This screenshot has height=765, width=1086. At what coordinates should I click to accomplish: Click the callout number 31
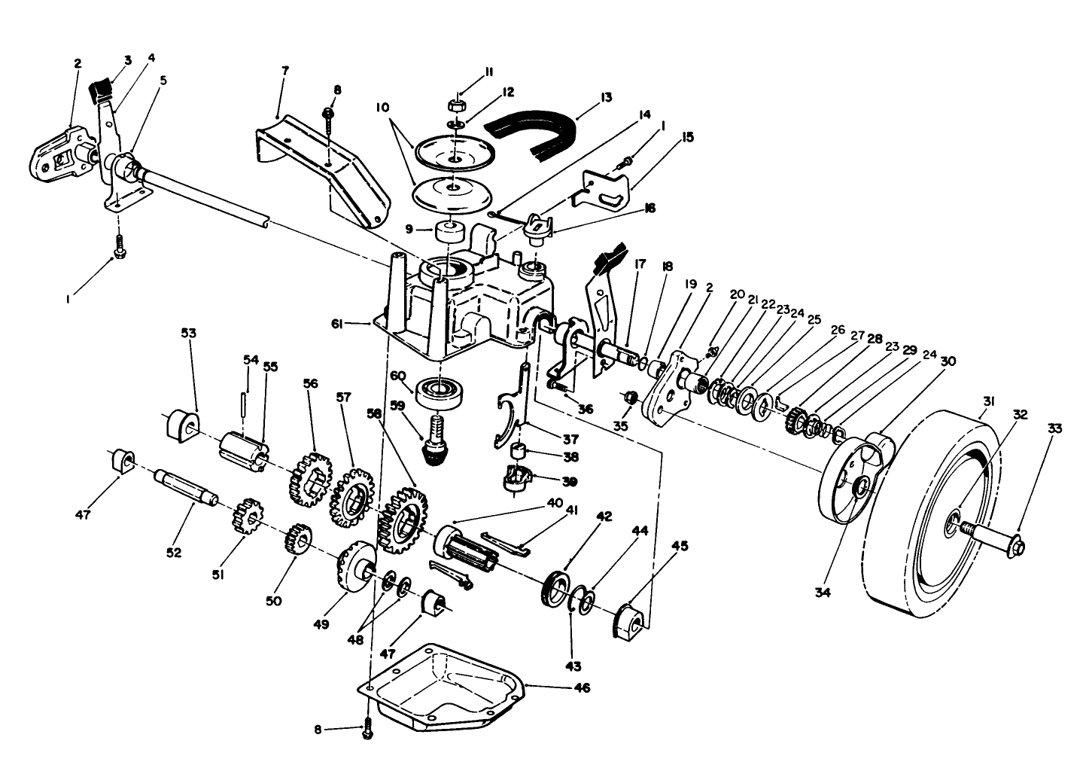coord(989,402)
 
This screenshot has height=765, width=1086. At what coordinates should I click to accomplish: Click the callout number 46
coord(582,687)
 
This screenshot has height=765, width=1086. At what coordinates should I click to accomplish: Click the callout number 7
coord(284,70)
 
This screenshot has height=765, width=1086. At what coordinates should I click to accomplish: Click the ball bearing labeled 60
coord(440,390)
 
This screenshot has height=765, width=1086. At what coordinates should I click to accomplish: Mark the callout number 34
coord(823,593)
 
